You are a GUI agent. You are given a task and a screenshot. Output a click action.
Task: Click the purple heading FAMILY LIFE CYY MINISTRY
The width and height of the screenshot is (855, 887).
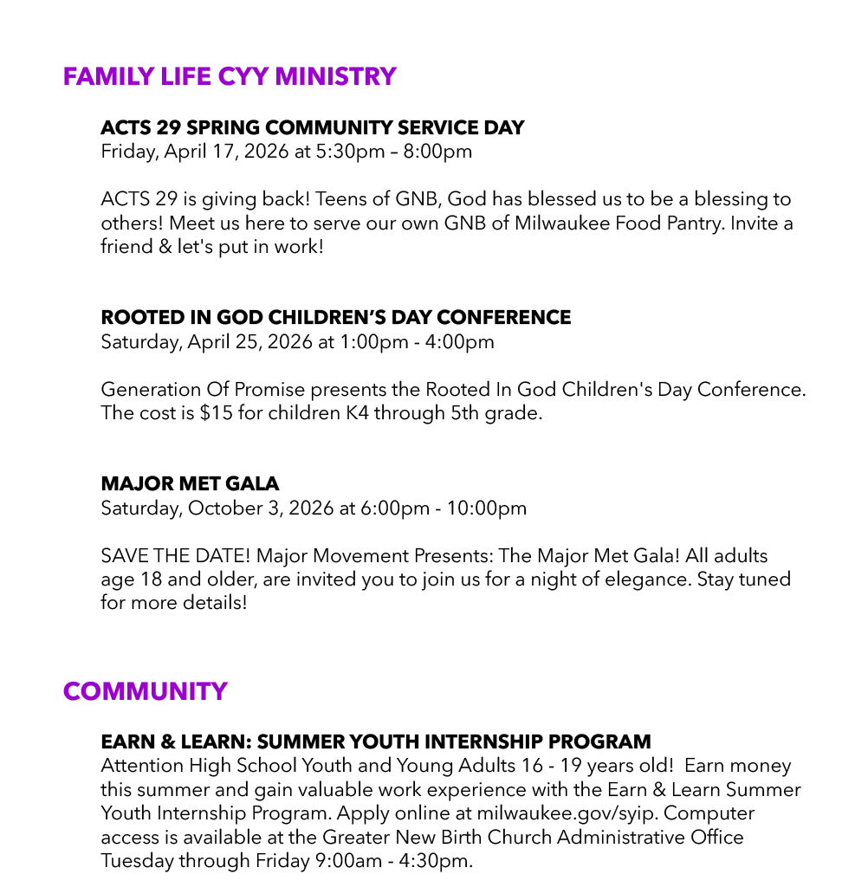[x=230, y=76]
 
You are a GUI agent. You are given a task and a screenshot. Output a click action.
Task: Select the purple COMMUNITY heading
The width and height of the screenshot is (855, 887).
[x=146, y=691]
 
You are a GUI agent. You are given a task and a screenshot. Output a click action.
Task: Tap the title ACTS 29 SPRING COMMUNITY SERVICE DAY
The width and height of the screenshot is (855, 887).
[x=312, y=127]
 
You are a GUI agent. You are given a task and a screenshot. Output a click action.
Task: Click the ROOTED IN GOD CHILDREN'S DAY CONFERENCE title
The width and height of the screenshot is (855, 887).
[x=336, y=317]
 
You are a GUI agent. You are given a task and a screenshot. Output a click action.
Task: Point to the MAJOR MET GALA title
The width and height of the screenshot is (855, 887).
[x=190, y=483]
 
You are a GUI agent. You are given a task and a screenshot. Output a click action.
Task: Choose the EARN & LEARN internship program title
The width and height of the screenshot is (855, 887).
[x=376, y=742]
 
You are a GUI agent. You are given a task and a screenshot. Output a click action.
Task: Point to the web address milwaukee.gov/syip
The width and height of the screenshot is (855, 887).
[x=567, y=814]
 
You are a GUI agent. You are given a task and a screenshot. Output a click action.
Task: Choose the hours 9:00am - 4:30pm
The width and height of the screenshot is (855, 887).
[x=388, y=861]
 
